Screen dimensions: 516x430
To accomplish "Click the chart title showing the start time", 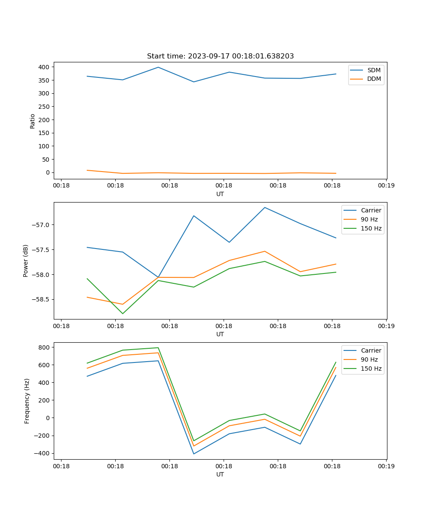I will pos(220,56).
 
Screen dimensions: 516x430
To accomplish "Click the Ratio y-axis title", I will pos(33,121).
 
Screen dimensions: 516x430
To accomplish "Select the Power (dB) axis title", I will pos(26,261).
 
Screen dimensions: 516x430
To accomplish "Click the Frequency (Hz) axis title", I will pos(27,401).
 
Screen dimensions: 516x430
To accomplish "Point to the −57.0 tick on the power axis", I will pos(40,225).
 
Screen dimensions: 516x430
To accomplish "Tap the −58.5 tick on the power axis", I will pos(40,299).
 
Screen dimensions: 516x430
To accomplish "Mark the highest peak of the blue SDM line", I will pos(158,67).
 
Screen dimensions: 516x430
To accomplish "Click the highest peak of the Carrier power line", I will pos(264,207).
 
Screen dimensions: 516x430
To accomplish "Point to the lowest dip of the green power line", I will pos(123,313).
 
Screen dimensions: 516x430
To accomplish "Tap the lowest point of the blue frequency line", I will pos(193,454).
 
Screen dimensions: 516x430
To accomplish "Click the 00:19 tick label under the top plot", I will pos(386,185).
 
